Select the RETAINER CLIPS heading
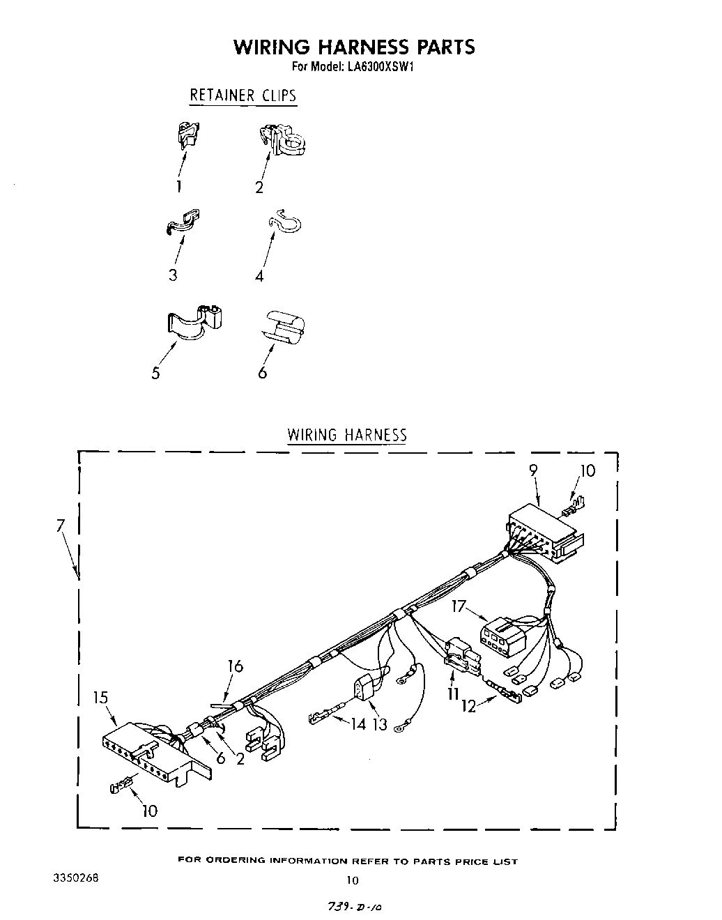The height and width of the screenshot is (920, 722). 243,95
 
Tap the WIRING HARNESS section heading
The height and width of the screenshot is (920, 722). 347,435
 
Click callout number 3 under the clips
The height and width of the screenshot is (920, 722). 172,275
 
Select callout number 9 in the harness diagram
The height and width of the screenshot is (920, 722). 533,470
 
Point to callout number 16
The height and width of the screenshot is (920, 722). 236,666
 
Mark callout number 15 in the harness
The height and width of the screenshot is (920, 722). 101,696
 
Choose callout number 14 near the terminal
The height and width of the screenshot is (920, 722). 358,723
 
